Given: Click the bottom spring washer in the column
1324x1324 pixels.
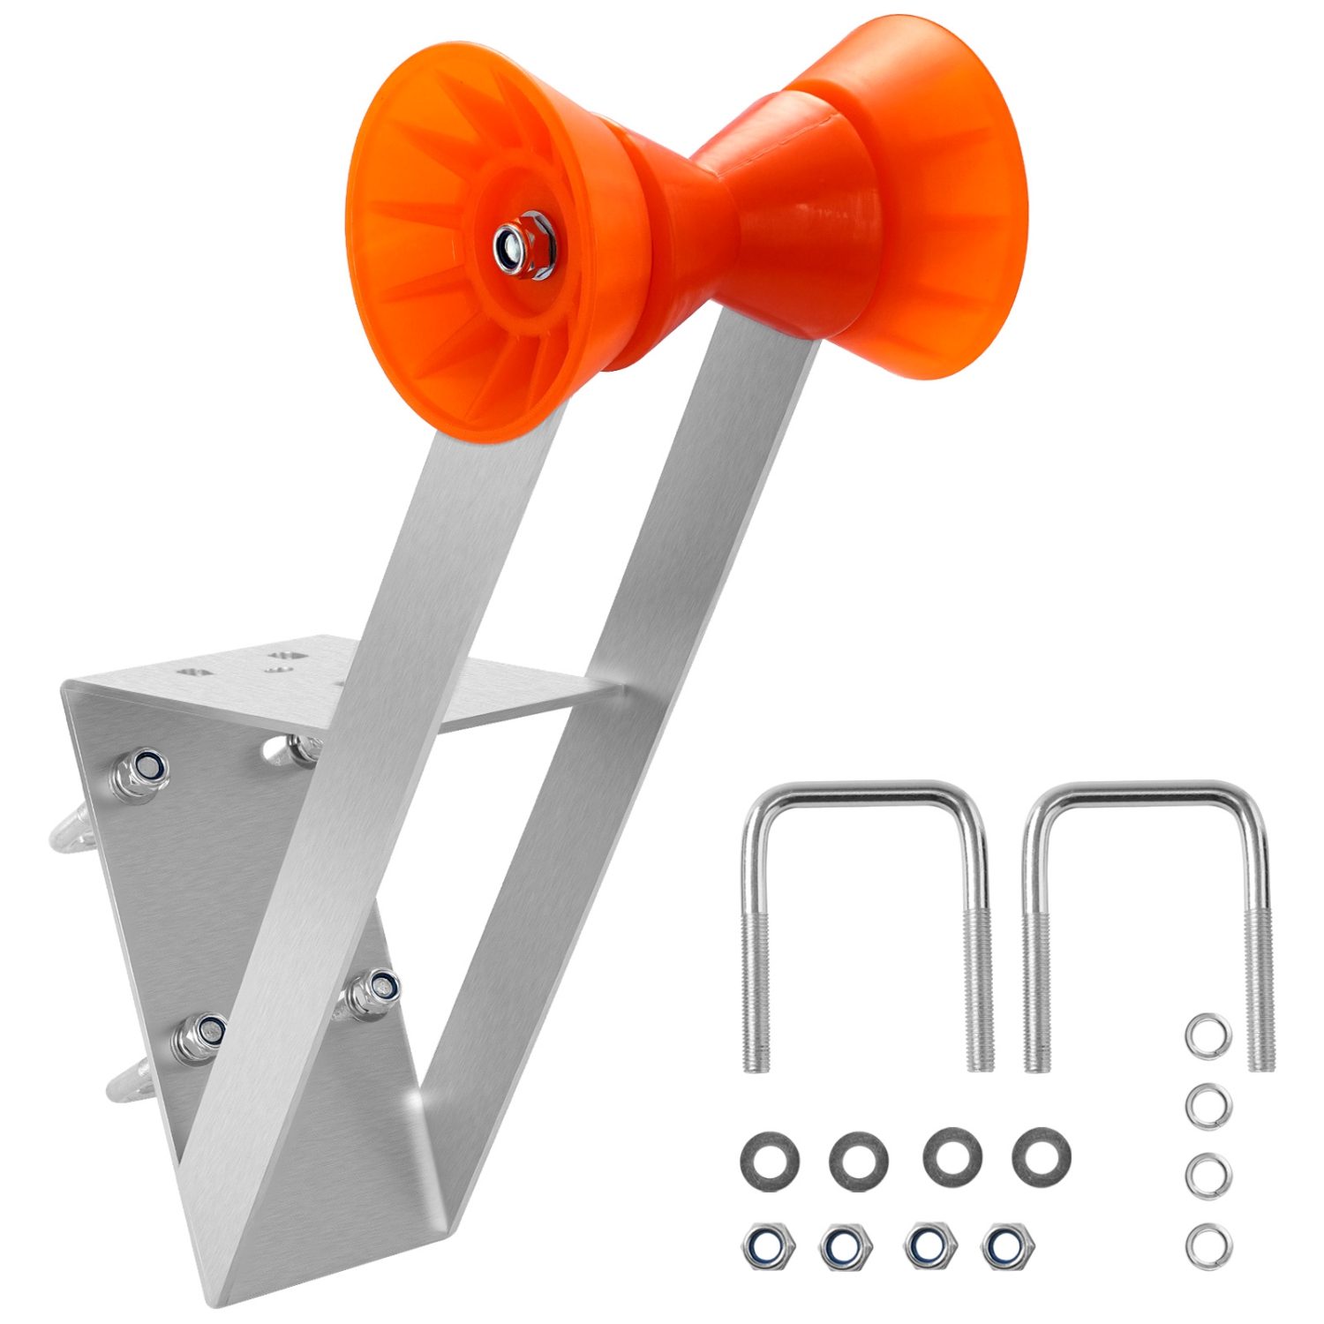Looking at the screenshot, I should (x=1206, y=1242).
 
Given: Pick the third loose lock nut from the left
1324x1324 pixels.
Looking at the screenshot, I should (x=925, y=1245).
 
